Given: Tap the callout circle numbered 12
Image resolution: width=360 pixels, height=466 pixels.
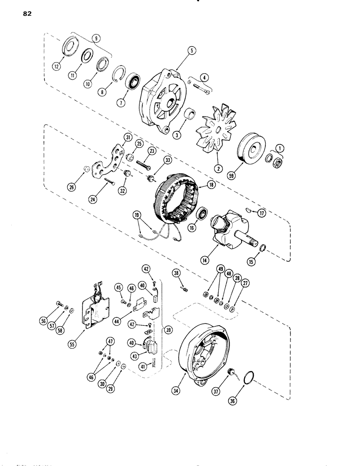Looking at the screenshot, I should click(x=56, y=67).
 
